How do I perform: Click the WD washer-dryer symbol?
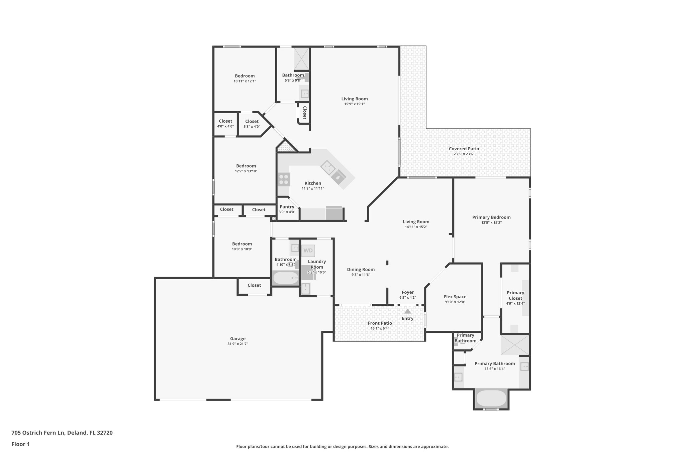coord(308,251)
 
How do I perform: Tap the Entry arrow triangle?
coord(407,311)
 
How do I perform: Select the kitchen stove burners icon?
coord(284,179)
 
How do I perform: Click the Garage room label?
coord(237,338)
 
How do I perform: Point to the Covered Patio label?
coord(464,149)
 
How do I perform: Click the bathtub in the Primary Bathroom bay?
coord(491,399)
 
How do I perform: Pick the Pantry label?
coord(287,207)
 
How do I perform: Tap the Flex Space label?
coord(455,297)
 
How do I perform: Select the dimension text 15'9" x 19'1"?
coord(355,104)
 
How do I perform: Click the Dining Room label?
coord(361,269)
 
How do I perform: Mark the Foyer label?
coord(407,292)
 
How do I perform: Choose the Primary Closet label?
coord(515,295)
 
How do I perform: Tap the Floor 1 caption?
coord(20,444)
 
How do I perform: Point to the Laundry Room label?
coord(317,264)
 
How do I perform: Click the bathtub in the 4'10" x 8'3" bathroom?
coord(286,278)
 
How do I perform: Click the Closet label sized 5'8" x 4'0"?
coord(252,121)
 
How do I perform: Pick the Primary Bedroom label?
coord(491,217)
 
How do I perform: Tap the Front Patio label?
coord(380,323)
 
